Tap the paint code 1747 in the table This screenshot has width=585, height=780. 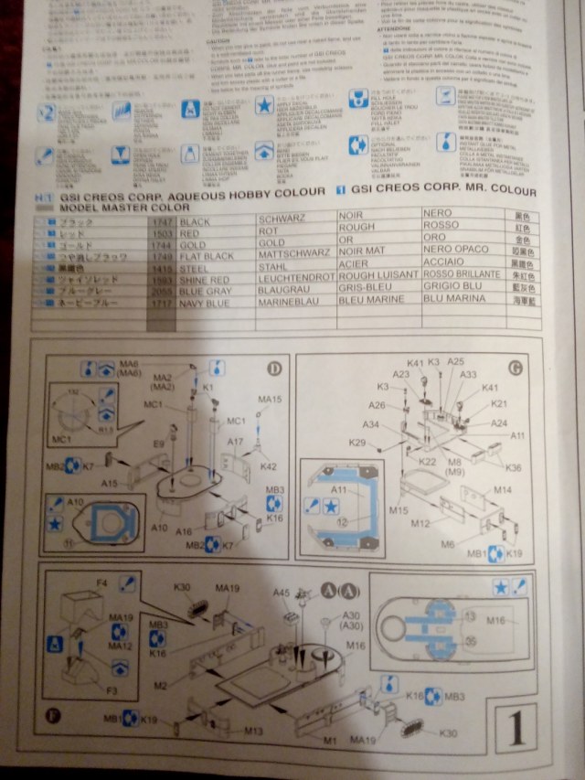(161, 222)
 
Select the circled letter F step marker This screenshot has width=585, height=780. (52, 716)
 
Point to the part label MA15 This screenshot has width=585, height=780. (270, 400)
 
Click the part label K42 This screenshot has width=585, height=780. (268, 466)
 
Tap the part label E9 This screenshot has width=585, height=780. (158, 443)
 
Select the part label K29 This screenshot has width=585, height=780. (357, 443)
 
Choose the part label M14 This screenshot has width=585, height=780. (503, 490)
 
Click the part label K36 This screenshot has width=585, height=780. (513, 467)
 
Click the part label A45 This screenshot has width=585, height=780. (282, 593)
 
